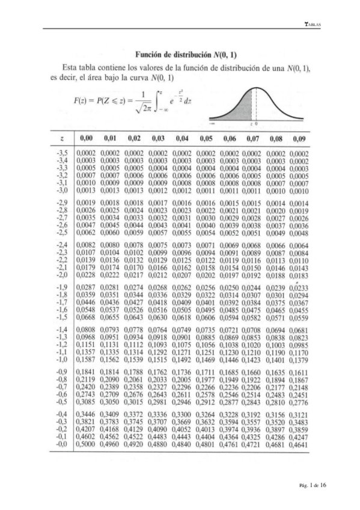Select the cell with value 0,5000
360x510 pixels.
[87, 444]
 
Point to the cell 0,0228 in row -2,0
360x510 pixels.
[87, 275]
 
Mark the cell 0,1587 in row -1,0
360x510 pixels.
[87, 360]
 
